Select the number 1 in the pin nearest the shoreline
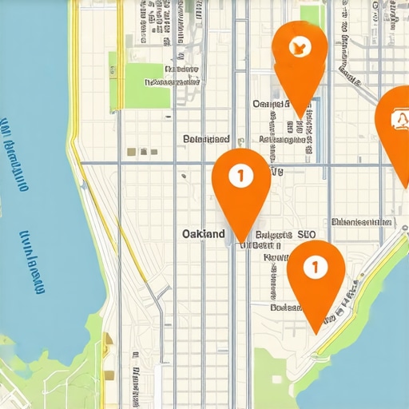[316, 267]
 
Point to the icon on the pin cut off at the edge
[399, 120]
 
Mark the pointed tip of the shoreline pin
[317, 331]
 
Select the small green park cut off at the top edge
[312, 14]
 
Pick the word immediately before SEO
[273, 236]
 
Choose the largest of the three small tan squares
[131, 152]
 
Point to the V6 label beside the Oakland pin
[277, 171]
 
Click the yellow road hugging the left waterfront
[76, 144]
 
